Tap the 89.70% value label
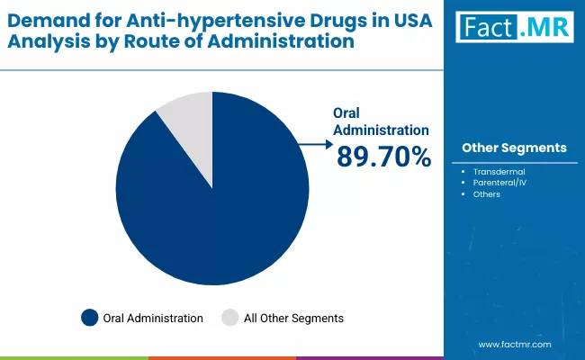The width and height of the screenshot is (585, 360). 383,157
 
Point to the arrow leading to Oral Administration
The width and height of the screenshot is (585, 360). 314,142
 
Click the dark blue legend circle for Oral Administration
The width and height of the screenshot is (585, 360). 89,318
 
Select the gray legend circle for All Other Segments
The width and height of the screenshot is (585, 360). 230,318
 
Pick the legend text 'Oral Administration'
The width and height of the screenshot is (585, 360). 153,318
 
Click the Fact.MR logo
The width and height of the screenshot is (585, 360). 513,28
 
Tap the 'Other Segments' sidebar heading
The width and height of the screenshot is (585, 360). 513,148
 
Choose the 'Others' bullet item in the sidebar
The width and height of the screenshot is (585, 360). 486,193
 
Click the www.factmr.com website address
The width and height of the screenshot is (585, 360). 514,344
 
